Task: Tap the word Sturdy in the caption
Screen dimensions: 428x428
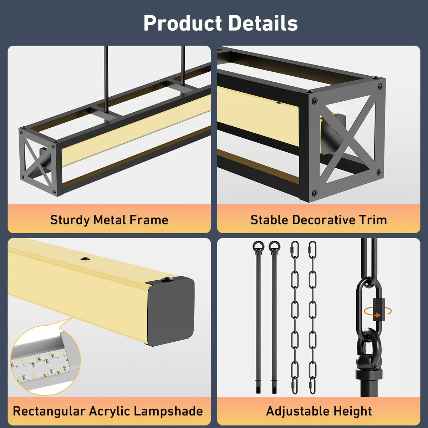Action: (70, 220)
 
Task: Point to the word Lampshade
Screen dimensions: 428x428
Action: (169, 411)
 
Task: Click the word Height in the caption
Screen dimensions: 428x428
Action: (352, 411)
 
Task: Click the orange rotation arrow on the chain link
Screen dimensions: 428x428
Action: (378, 311)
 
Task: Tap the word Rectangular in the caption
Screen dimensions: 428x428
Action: (49, 411)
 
